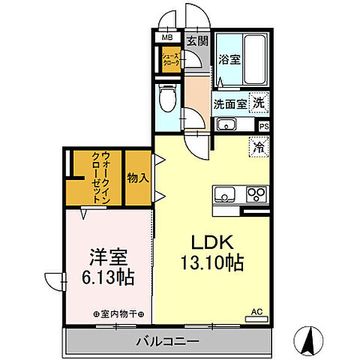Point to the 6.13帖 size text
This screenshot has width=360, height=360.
point(107,277)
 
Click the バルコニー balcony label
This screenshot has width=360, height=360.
point(167,342)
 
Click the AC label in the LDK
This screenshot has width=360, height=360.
point(256,310)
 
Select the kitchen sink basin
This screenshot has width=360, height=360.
point(223,195)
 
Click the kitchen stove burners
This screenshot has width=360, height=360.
point(256,195)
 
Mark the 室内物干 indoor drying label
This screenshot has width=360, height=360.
point(119,313)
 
